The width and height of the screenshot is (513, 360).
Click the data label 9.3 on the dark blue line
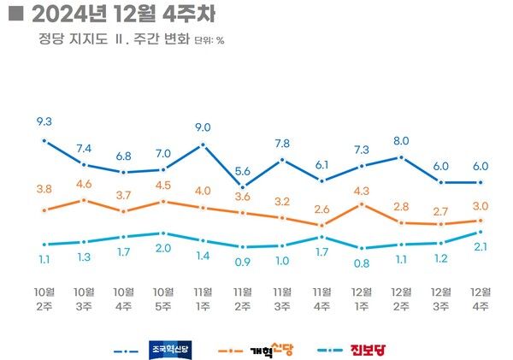(x=43, y=122)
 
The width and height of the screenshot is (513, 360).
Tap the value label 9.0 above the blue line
(x=203, y=128)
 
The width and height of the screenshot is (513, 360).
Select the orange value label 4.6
(x=84, y=183)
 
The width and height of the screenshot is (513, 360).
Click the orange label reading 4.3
(x=362, y=190)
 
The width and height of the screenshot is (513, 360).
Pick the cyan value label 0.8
(x=361, y=263)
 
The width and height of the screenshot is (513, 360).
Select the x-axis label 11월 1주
(x=203, y=299)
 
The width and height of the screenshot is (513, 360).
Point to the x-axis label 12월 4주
(x=481, y=299)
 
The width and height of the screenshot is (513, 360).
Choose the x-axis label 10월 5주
(x=162, y=299)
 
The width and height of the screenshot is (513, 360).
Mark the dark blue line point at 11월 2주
(x=243, y=186)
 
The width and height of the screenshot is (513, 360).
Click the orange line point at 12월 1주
(x=362, y=204)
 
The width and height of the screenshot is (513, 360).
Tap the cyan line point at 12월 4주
(x=481, y=232)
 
